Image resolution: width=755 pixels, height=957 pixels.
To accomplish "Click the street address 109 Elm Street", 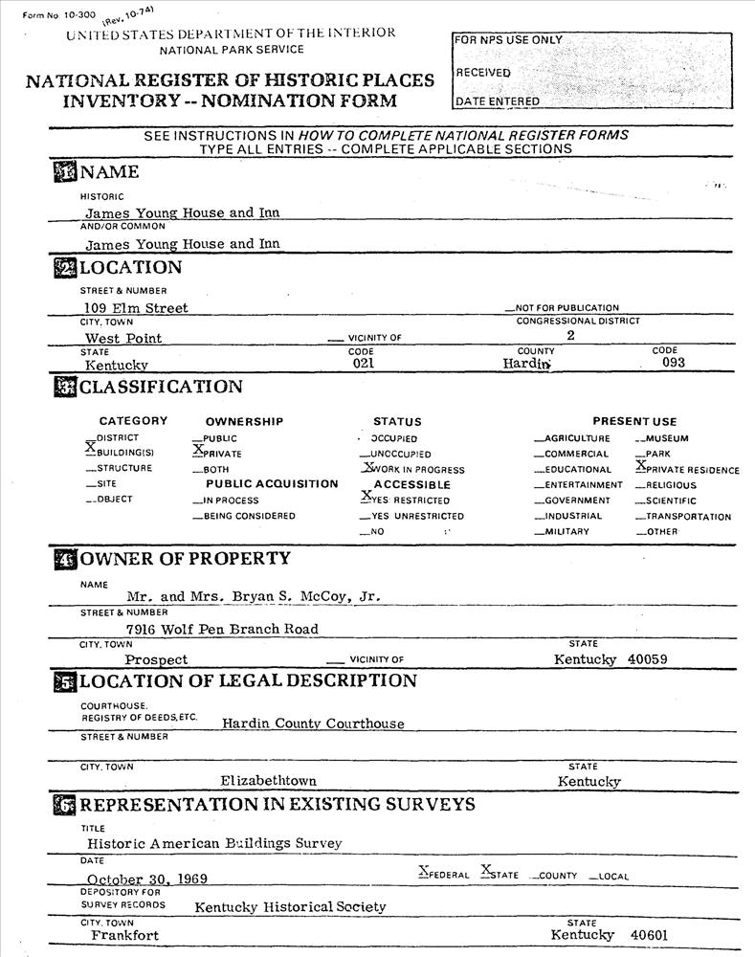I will pyautogui.click(x=136, y=308).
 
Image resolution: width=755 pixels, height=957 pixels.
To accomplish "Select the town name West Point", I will pyautogui.click(x=123, y=338).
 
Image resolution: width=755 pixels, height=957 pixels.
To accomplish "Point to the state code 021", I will pyautogui.click(x=362, y=364).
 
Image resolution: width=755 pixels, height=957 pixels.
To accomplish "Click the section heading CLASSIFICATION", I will pyautogui.click(x=161, y=388).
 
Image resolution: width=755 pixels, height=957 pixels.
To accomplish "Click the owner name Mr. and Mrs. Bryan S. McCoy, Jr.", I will pyautogui.click(x=254, y=596).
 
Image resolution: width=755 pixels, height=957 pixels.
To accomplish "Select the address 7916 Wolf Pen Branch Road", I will pyautogui.click(x=222, y=629).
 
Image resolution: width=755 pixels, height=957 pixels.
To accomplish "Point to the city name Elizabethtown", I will pyautogui.click(x=268, y=781).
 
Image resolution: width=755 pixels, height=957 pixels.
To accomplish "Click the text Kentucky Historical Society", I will pyautogui.click(x=290, y=906).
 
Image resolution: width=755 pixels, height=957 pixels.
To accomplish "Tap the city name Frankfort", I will pyautogui.click(x=125, y=935).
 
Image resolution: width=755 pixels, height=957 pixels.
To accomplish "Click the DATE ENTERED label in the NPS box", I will pyautogui.click(x=498, y=101).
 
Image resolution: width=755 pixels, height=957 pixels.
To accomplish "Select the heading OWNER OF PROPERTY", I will pyautogui.click(x=185, y=559).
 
